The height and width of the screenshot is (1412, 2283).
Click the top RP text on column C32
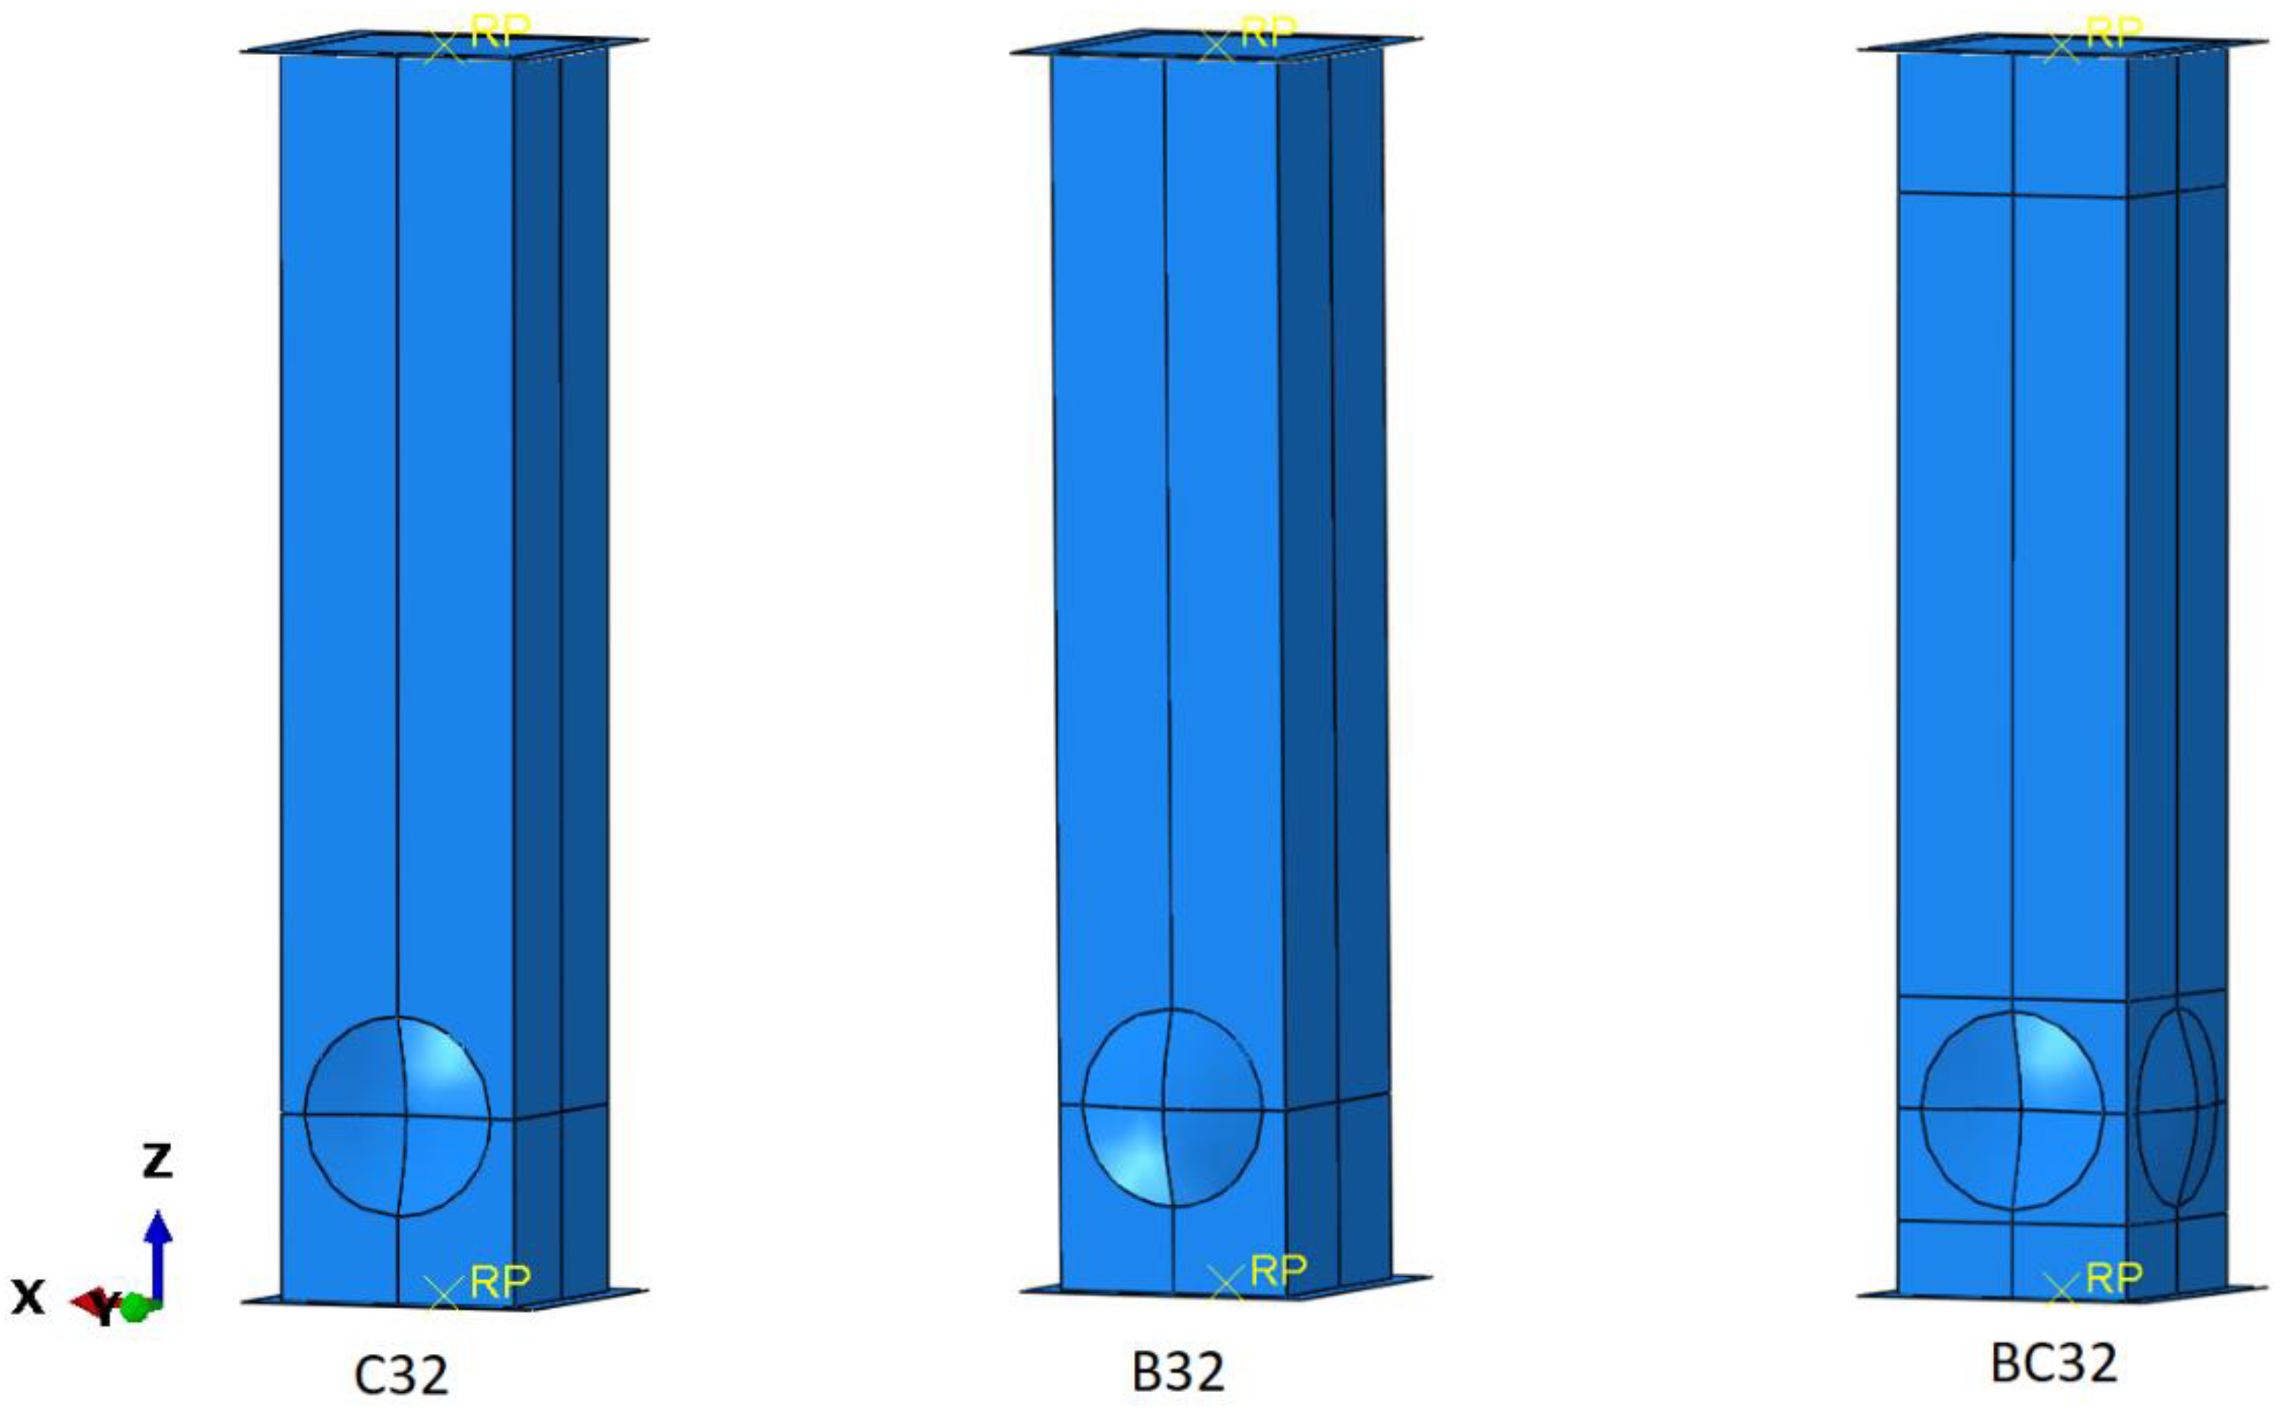click(501, 33)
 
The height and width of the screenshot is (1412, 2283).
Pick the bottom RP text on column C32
click(501, 1281)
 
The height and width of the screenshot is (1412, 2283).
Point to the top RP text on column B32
click(1268, 33)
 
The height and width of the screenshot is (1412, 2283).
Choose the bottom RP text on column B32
click(1277, 1270)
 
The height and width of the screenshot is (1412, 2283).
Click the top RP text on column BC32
click(2113, 33)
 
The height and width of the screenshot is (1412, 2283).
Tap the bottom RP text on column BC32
click(2113, 1276)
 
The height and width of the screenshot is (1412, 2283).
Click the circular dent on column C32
click(398, 1117)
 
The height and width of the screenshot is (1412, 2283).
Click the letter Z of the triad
click(157, 1161)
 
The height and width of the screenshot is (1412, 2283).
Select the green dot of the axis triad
click(134, 1307)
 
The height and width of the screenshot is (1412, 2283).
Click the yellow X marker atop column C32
click(444, 47)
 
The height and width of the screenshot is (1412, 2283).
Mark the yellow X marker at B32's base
click(1225, 1283)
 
